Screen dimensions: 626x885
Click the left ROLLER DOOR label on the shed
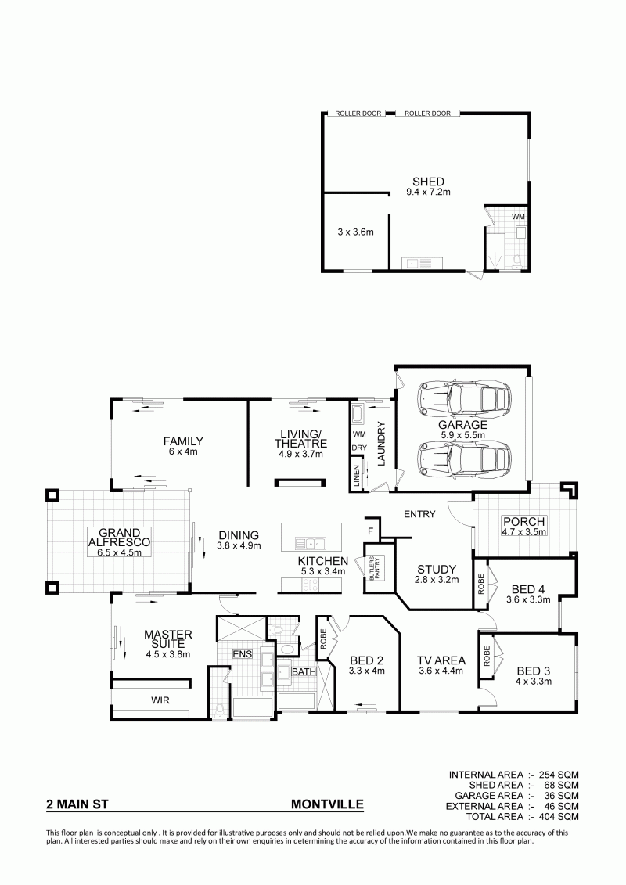click(358, 113)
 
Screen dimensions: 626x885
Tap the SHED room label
click(428, 182)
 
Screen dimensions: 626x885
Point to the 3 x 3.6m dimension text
click(355, 232)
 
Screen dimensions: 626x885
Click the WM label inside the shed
click(517, 217)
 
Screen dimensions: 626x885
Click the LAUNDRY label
click(380, 444)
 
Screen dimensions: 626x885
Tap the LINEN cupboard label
click(356, 476)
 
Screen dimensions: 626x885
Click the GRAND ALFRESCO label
click(119, 538)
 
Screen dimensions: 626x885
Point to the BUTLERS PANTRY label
click(375, 567)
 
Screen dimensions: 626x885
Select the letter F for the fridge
click(370, 531)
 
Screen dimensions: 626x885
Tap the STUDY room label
click(437, 569)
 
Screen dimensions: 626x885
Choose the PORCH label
click(523, 522)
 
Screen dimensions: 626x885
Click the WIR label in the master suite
click(160, 700)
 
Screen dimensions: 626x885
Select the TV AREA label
click(441, 660)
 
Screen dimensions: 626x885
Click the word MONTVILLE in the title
click(327, 805)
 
